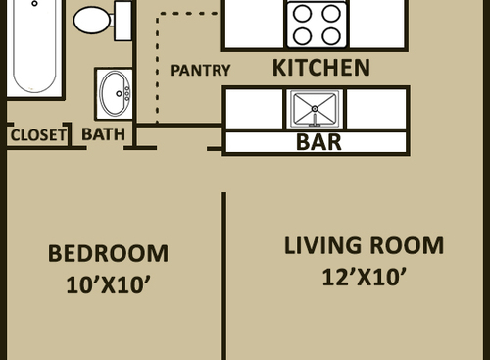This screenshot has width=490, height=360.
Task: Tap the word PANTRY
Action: click(x=201, y=71)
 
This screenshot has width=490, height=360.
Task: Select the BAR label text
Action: click(x=318, y=142)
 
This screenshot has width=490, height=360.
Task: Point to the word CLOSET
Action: click(x=37, y=134)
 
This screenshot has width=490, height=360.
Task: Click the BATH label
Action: click(x=103, y=134)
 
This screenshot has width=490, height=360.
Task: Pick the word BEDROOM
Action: click(x=108, y=254)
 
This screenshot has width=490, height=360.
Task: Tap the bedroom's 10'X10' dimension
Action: click(x=108, y=286)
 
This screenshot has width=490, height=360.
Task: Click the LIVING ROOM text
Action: click(x=364, y=245)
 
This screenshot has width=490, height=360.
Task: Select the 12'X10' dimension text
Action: click(x=364, y=278)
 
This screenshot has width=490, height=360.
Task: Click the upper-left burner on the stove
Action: click(x=302, y=15)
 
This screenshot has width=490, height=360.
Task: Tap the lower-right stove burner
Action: click(x=331, y=36)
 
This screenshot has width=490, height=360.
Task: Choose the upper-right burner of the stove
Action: click(x=331, y=15)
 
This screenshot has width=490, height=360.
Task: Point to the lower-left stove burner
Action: click(x=302, y=36)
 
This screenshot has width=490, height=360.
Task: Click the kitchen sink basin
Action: click(x=315, y=109)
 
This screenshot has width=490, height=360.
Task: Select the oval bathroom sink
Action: click(x=116, y=93)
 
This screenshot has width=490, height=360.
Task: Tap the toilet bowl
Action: click(x=92, y=18)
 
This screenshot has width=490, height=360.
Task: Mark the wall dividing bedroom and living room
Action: click(x=224, y=275)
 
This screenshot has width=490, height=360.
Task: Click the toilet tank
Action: click(x=123, y=19)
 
